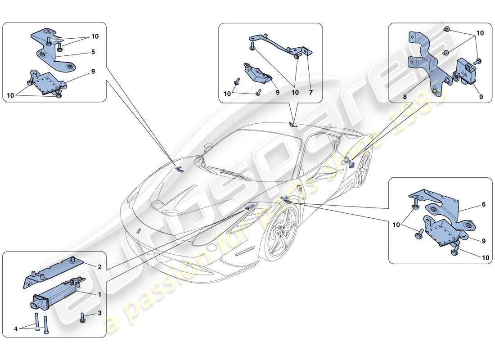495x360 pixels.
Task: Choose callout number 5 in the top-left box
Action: (93, 51)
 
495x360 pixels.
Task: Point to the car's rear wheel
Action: (363, 170)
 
